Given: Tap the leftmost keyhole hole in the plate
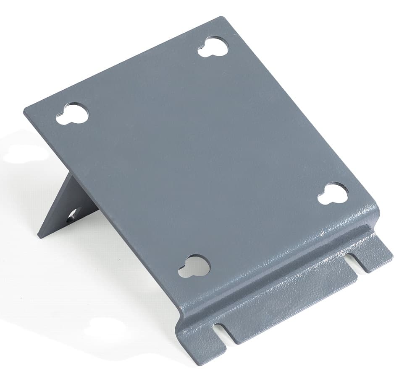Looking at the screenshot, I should pyautogui.click(x=73, y=114).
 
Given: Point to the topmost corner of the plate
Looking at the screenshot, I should pyautogui.click(x=221, y=18).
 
